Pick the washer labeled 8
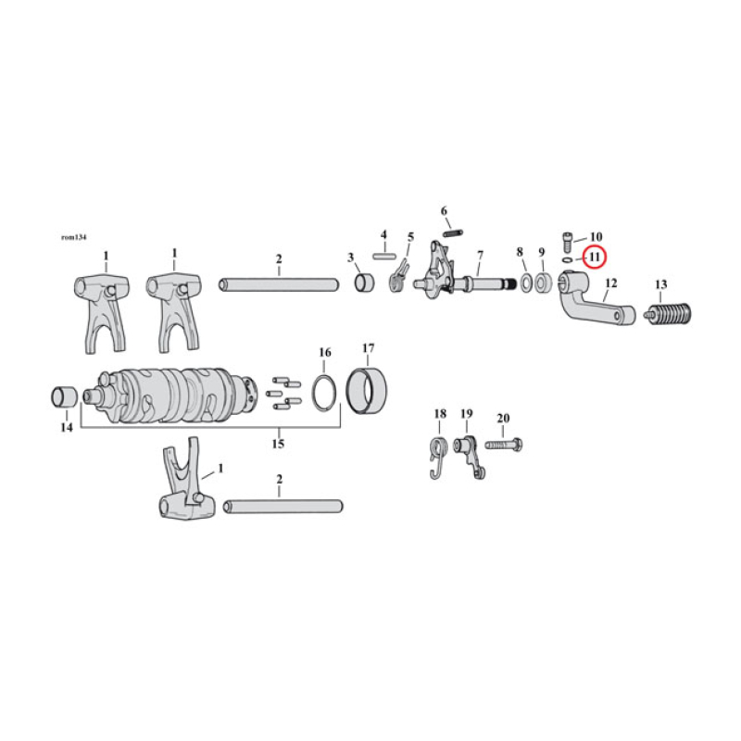coord(524,283)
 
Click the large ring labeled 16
coord(322,391)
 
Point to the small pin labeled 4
coord(385,255)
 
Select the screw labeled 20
coord(502,445)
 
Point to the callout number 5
coord(410,237)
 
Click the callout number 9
coord(541,252)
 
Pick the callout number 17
coord(368,349)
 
